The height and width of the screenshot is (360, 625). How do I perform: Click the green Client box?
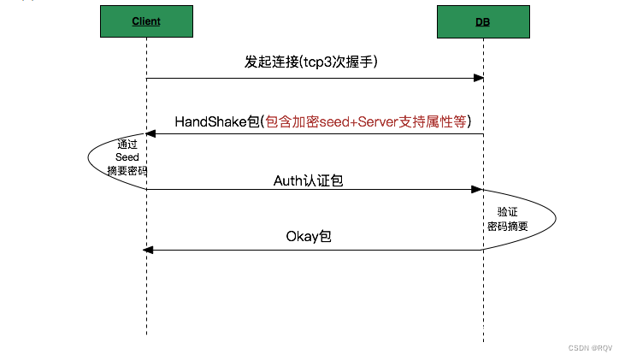[146, 21]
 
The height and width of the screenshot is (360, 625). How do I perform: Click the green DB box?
[482, 21]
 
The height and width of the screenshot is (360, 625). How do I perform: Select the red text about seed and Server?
[367, 121]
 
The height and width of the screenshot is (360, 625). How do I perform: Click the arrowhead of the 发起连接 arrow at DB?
[480, 79]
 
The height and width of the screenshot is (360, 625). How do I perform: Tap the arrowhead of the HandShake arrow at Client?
[151, 134]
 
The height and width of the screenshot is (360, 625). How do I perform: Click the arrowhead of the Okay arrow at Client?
[149, 249]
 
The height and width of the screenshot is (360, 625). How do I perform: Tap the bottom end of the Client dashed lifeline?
[146, 333]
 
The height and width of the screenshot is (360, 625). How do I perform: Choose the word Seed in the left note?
[127, 157]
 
